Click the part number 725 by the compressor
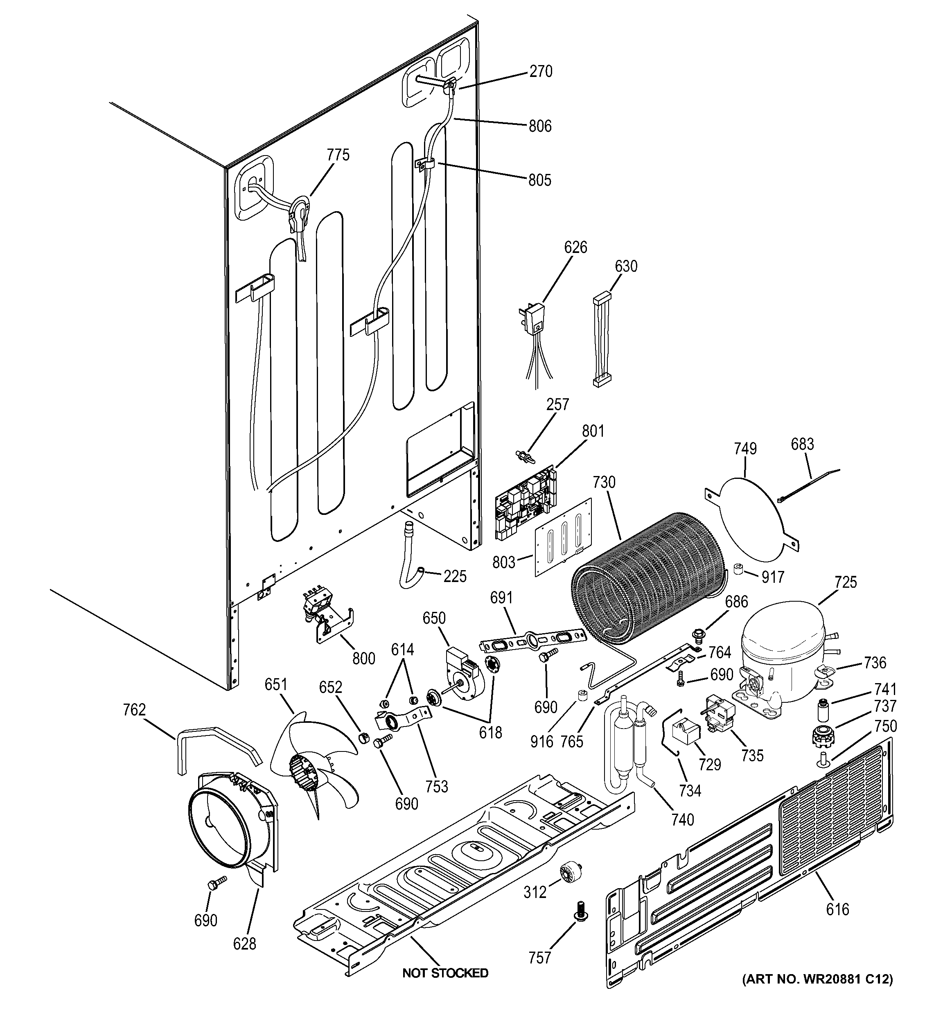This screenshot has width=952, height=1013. [846, 582]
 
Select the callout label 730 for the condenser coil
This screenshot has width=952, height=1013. [604, 482]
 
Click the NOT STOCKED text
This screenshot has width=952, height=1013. [445, 973]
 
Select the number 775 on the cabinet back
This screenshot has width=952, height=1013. [338, 155]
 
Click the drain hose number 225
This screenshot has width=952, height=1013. [455, 576]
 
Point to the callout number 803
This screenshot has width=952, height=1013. [503, 562]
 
